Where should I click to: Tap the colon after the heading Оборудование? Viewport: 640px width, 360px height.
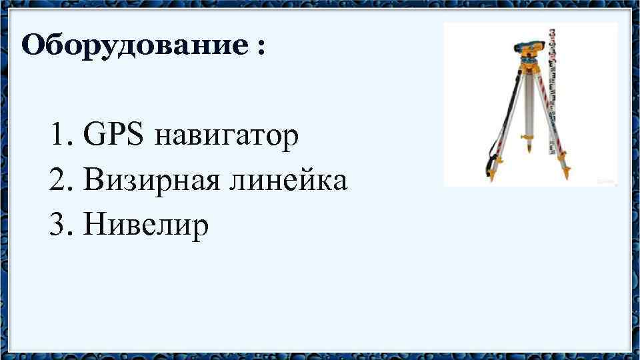(x=259, y=48)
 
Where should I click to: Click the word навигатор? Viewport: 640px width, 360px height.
(x=226, y=137)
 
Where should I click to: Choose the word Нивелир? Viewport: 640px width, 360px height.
(x=147, y=225)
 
